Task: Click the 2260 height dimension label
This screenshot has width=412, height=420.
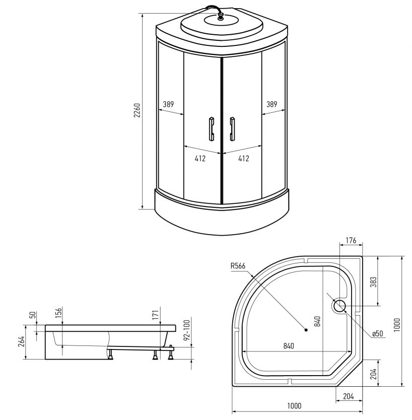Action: [137, 110]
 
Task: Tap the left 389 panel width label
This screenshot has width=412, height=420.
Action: [169, 104]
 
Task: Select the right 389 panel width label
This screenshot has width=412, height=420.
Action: [271, 104]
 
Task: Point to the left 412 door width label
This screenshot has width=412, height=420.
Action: [200, 159]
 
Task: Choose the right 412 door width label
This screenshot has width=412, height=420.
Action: [243, 159]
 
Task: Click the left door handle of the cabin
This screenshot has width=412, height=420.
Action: [212, 129]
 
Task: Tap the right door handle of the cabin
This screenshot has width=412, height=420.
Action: [232, 129]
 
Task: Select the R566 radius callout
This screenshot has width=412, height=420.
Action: [238, 266]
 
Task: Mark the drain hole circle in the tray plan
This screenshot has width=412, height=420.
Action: [339, 306]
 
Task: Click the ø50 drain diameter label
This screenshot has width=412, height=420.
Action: [377, 333]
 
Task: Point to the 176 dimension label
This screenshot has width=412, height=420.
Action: [351, 241]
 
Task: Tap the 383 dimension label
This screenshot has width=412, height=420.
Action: [373, 282]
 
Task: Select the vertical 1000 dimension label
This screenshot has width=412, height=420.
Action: [397, 325]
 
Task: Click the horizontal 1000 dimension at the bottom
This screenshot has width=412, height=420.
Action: [294, 406]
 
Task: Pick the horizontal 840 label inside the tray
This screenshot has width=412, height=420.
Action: [289, 346]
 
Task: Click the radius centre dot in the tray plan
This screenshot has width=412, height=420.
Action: [306, 330]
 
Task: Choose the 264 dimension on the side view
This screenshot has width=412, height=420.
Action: [21, 341]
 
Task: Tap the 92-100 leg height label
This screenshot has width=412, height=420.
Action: [187, 329]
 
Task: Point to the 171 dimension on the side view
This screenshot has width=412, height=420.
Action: [155, 313]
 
